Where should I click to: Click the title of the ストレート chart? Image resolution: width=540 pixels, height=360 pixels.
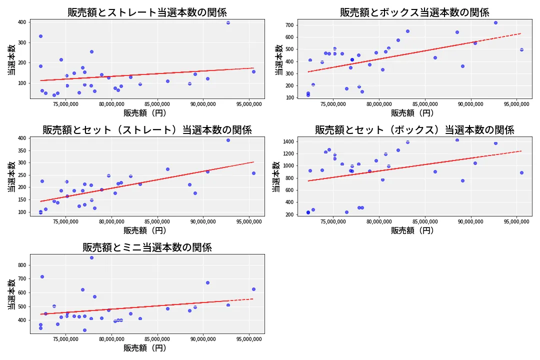click(147, 12)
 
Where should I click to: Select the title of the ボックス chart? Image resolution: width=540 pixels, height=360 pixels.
click(414, 12)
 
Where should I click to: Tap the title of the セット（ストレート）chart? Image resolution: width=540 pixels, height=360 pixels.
click(147, 130)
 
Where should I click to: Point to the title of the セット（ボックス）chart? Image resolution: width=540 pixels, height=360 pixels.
click(414, 130)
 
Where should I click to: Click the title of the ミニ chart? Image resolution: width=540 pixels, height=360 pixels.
click(147, 247)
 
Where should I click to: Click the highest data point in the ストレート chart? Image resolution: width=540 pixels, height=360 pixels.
click(228, 22)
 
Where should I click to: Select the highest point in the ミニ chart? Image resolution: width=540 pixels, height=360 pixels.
click(91, 257)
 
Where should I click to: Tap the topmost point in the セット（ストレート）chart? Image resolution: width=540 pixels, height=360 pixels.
click(228, 140)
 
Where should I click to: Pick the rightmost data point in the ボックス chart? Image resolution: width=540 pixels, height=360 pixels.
click(521, 49)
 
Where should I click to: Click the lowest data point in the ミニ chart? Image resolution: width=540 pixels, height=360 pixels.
click(84, 330)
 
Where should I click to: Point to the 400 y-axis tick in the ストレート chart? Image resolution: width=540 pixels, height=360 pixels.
click(21, 22)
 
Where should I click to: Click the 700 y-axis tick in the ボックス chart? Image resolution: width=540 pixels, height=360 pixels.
click(289, 25)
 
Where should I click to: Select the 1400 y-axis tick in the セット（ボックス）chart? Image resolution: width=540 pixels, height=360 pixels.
click(287, 142)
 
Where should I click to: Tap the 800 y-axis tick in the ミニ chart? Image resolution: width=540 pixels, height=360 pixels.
click(21, 265)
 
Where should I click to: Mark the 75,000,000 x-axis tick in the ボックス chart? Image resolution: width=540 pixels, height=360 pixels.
click(334, 104)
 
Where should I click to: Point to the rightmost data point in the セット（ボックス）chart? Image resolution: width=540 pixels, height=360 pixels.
click(521, 172)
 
